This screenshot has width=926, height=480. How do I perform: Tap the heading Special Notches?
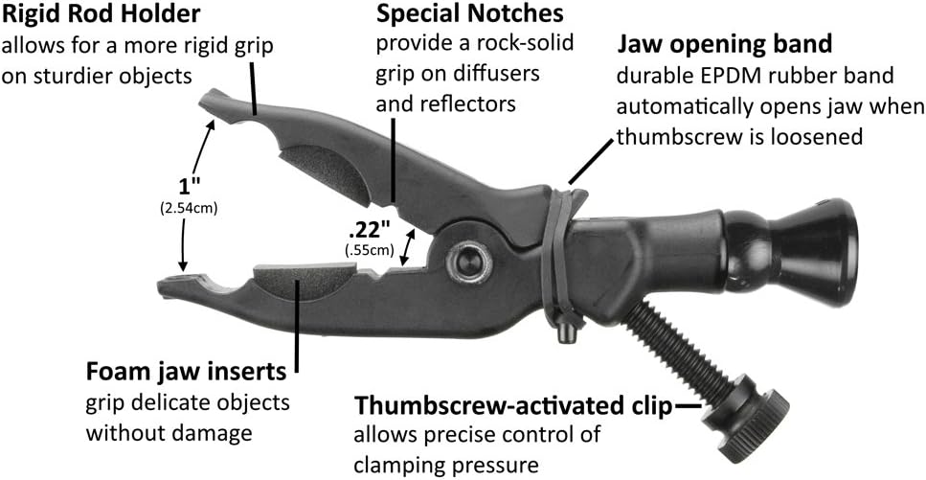[469, 13]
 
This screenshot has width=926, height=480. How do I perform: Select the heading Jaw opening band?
[725, 44]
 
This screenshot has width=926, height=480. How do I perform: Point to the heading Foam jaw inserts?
[187, 373]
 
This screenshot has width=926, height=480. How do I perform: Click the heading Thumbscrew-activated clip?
[513, 406]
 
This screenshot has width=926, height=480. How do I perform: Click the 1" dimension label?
[187, 188]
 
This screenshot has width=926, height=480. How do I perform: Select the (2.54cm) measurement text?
[187, 208]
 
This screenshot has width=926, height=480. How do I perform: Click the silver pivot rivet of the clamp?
[468, 262]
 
